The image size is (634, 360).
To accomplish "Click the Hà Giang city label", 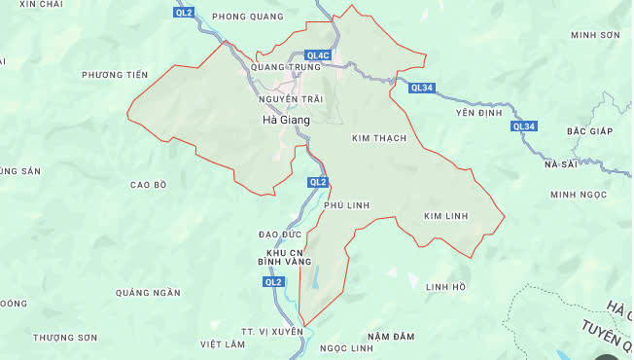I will (x=286, y=120).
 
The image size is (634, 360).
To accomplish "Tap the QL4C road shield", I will (x=318, y=55).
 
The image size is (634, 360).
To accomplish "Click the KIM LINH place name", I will (x=447, y=215).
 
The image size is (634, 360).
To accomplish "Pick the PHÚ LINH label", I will (x=346, y=204).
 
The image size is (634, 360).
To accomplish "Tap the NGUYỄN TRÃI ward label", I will (x=290, y=99).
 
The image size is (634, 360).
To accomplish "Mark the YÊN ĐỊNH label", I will (x=475, y=113).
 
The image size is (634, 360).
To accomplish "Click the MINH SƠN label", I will (x=595, y=34).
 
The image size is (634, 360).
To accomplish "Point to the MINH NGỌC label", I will (x=578, y=195).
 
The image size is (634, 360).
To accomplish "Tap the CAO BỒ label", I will (x=148, y=184).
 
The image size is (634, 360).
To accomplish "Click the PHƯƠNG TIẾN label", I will (x=115, y=75).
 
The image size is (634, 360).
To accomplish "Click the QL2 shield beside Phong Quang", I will (x=184, y=13).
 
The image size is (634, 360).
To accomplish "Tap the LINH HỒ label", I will (x=445, y=286).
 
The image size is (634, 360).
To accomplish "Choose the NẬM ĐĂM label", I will (x=392, y=336).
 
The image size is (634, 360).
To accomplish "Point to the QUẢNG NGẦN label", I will (x=148, y=293).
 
